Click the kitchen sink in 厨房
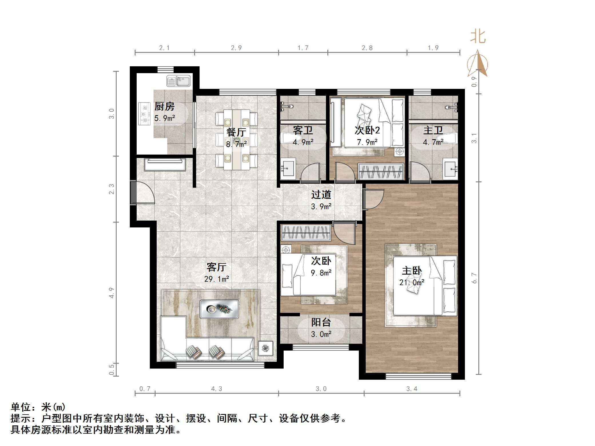[178, 81]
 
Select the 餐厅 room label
[236, 132]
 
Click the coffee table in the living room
[219, 309]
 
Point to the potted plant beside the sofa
[266, 348]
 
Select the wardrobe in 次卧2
[381, 171]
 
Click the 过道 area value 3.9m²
[321, 206]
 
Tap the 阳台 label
[321, 322]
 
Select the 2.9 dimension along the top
[236, 48]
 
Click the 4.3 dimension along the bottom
[216, 389]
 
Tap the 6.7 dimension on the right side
[474, 278]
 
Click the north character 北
[478, 37]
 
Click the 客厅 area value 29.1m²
[216, 279]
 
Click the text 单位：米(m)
[38, 407]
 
